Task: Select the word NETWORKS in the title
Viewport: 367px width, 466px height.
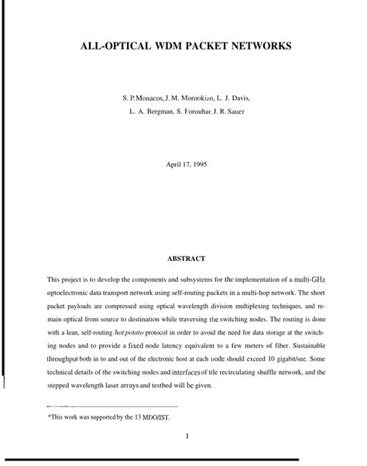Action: pos(262,46)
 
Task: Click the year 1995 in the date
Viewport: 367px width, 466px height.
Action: pos(197,164)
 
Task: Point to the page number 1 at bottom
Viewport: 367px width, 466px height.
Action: pos(187,435)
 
